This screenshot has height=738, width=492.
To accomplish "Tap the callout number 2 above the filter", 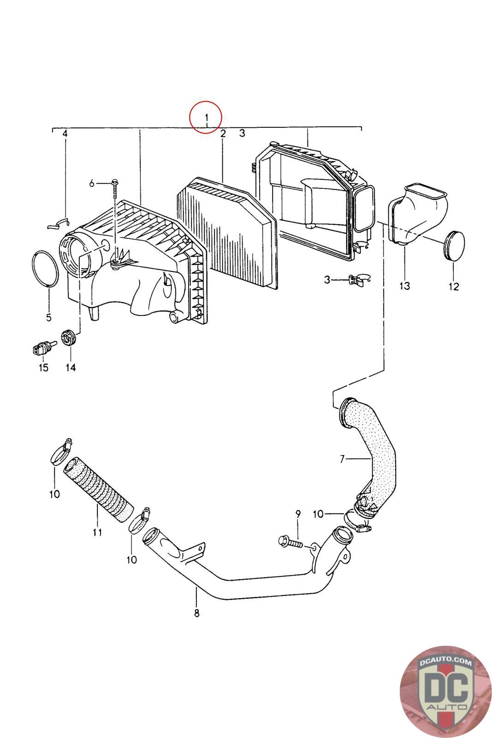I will point(223,134).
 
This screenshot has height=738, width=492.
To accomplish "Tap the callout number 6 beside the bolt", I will point(92,184).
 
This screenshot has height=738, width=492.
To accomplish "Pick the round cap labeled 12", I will point(454,244).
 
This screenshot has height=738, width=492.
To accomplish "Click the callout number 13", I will point(404,286).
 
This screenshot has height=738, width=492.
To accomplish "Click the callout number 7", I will point(342,459).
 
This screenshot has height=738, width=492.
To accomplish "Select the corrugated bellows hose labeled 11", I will point(98,489).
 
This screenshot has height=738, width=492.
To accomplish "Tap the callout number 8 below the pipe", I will point(196,613).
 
